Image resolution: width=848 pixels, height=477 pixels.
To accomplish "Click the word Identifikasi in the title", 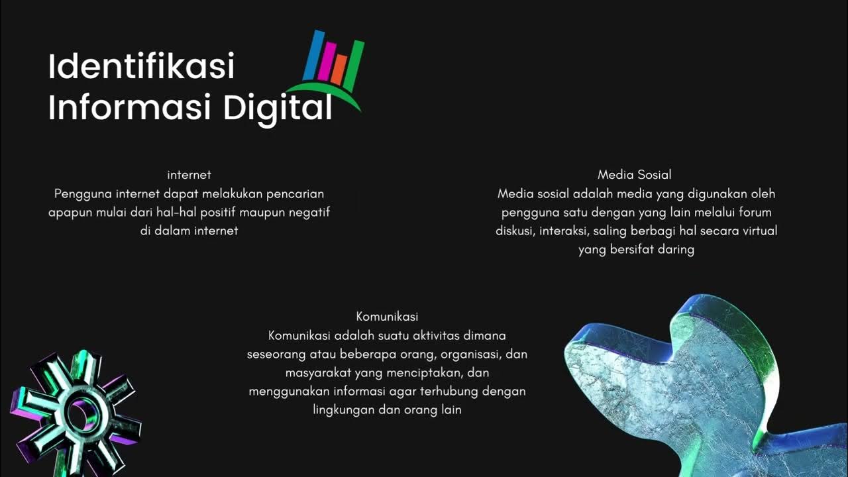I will click(x=141, y=67).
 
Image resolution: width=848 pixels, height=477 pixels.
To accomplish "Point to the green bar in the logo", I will click(x=355, y=64).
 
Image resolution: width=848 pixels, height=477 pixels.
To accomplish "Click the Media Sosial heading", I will click(x=634, y=175).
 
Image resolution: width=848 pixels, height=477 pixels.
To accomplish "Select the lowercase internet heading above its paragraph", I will click(x=189, y=175).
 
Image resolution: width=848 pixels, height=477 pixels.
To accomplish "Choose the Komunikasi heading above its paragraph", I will click(x=387, y=317).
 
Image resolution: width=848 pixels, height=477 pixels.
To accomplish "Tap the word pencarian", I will click(x=295, y=194).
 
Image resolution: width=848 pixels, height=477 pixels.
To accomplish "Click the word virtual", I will click(x=757, y=231).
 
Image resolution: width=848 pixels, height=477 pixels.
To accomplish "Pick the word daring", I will click(x=676, y=250).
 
